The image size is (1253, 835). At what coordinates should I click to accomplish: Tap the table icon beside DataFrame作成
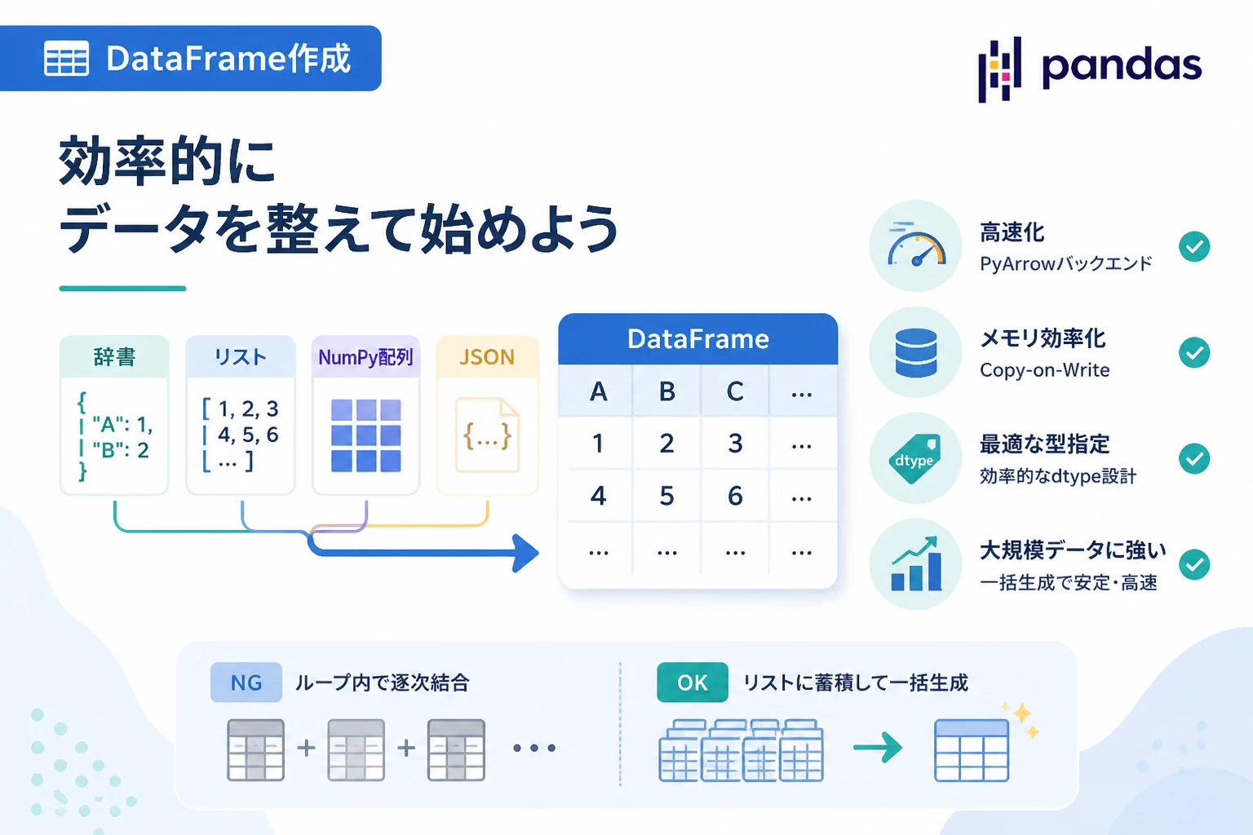click(66, 58)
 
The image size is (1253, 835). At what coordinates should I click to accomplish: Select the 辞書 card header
click(114, 357)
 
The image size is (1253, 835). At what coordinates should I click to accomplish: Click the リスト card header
click(241, 357)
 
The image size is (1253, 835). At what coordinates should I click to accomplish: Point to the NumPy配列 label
click(365, 357)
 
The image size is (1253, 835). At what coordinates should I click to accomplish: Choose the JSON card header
click(487, 357)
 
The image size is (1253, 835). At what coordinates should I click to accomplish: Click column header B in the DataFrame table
click(666, 391)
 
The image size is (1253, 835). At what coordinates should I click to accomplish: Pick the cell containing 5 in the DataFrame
click(666, 496)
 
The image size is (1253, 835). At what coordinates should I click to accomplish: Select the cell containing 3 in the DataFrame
click(735, 444)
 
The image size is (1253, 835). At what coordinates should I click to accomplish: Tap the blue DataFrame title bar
click(698, 339)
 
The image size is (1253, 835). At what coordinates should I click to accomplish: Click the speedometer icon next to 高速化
click(916, 246)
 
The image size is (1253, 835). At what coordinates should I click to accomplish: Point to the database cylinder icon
click(916, 352)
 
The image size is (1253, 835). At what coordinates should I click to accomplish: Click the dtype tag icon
click(915, 458)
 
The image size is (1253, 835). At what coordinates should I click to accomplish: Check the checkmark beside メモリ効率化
click(1194, 352)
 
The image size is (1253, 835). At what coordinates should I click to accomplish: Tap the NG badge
click(246, 683)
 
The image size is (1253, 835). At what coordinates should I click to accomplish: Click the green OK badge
click(693, 683)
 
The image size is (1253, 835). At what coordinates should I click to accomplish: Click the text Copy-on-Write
click(1044, 370)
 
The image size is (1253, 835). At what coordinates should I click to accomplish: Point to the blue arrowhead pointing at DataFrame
click(525, 553)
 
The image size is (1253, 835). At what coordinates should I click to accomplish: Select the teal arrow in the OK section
click(877, 747)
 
